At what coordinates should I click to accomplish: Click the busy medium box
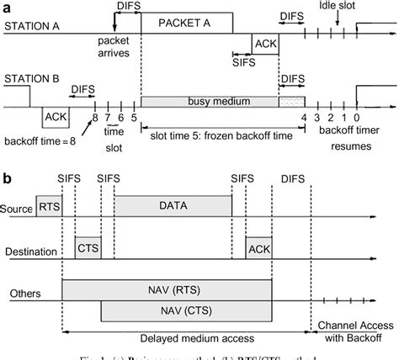209,101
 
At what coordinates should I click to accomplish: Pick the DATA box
173,204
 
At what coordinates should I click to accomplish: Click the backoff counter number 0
357,118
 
